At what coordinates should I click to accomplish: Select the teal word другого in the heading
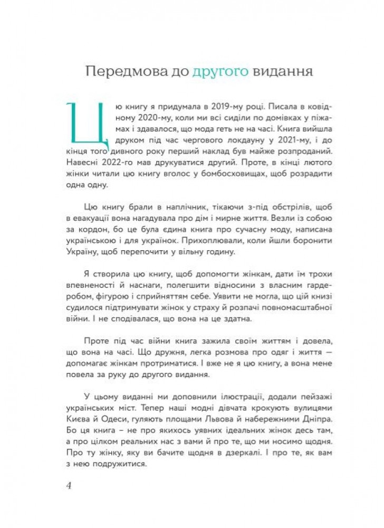pyautogui.click(x=207, y=72)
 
